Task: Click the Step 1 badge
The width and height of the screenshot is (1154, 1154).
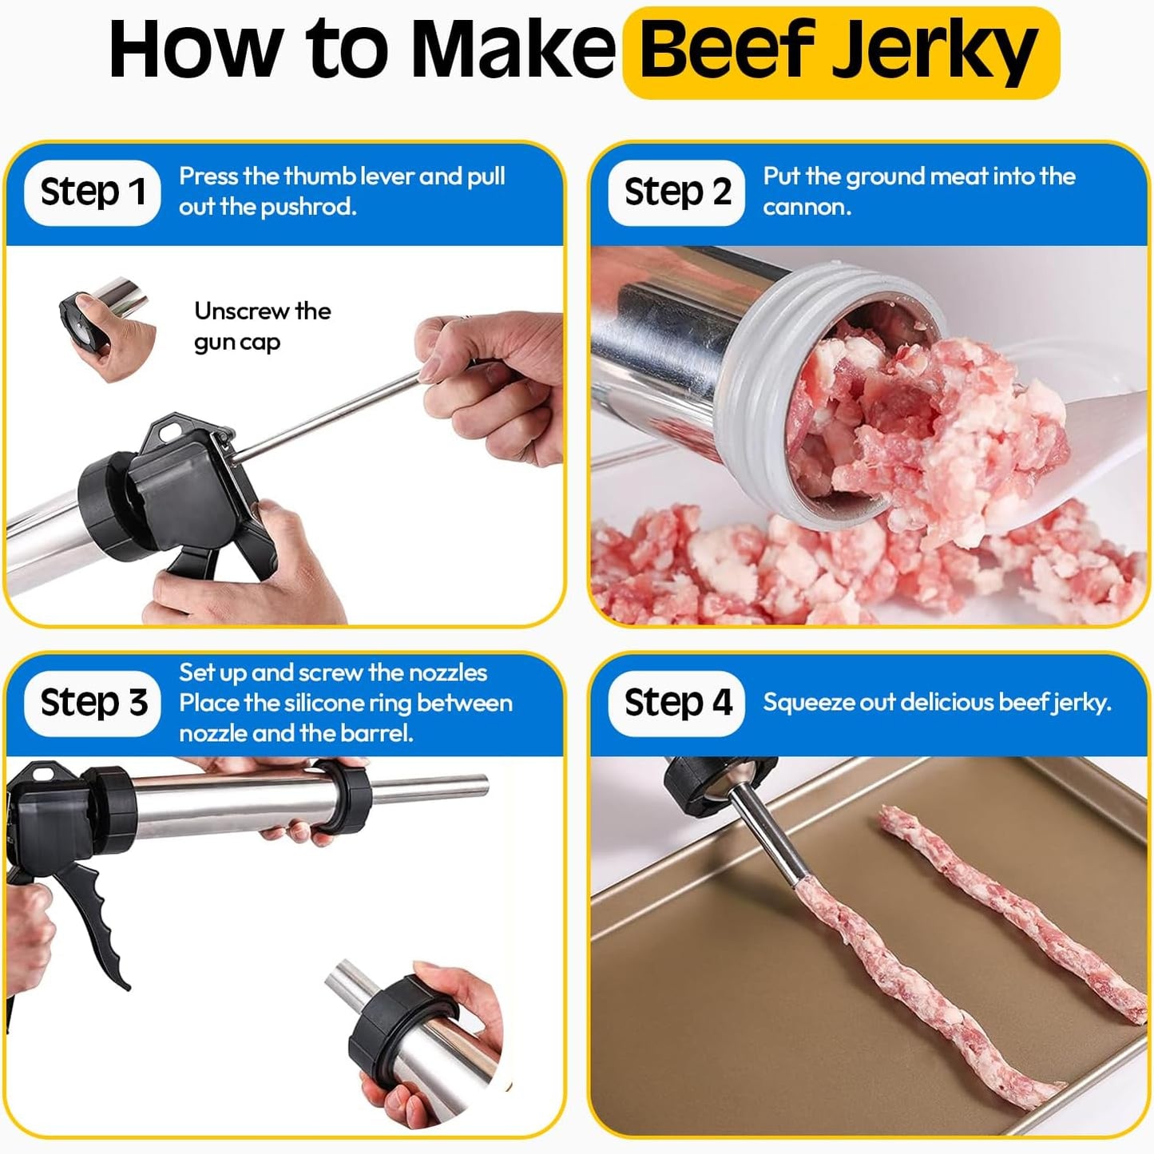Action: coord(93,192)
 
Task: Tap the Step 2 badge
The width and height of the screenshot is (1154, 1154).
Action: coord(676,192)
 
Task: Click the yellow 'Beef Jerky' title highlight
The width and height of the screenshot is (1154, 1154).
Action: coord(840,53)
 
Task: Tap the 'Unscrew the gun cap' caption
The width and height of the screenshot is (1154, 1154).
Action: coord(262,326)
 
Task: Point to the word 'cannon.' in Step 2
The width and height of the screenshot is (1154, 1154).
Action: coord(807,207)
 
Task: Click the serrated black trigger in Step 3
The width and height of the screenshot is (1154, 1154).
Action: coord(100,918)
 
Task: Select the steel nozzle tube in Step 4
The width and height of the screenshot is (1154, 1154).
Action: coord(767,839)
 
